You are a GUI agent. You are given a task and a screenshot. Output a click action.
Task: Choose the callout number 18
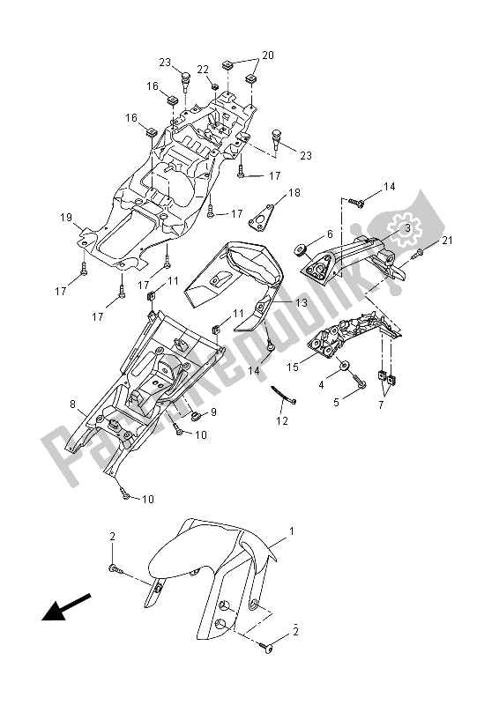(x=269, y=191)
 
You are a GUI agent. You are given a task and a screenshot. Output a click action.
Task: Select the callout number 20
(x=267, y=55)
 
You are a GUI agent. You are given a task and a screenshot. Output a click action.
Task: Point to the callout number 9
(x=212, y=412)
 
